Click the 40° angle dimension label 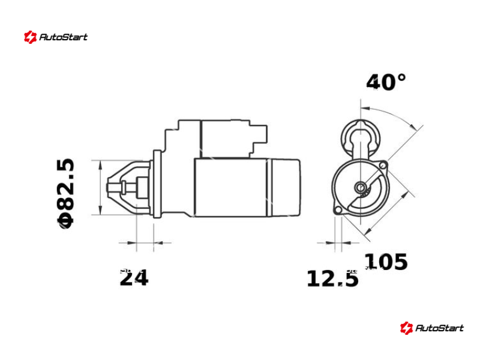[386, 82]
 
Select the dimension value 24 [134, 278]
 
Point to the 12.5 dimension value [332, 278]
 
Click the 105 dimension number [386, 262]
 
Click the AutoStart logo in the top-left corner [55, 37]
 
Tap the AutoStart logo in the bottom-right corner [432, 328]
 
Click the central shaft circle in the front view [361, 188]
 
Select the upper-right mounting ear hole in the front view [383, 164]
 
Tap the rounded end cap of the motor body [286, 187]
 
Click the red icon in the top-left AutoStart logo [30, 37]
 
